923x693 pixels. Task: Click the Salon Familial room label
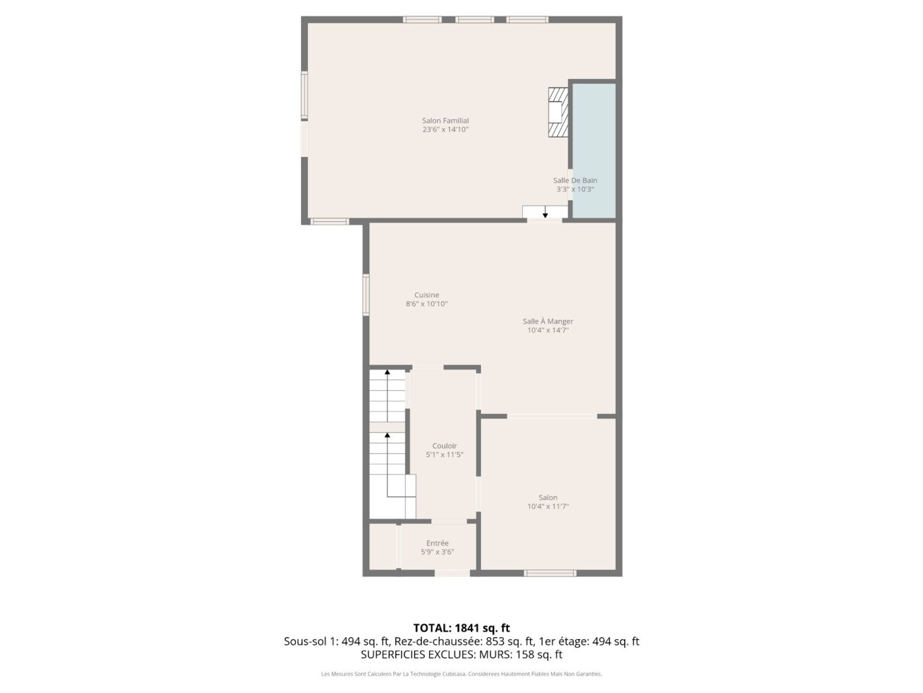point(445,121)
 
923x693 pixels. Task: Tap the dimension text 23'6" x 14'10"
point(445,129)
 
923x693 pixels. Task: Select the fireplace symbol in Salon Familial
point(558,113)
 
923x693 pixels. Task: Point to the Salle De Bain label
point(575,180)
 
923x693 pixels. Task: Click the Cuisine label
point(426,295)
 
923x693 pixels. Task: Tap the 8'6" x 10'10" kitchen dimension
point(426,304)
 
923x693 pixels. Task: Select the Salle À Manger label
point(548,322)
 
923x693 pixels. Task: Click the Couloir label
point(445,446)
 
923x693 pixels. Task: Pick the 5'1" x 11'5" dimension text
point(445,455)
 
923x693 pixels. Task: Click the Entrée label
point(437,543)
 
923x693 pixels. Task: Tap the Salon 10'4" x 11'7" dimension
point(548,507)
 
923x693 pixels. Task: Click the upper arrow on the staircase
point(387,372)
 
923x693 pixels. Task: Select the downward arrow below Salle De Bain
point(545,214)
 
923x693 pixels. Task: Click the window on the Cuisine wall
point(366,295)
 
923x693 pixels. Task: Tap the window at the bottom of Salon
point(550,573)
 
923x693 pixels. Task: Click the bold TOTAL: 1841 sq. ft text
point(461,628)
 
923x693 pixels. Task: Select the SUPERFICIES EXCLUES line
point(461,655)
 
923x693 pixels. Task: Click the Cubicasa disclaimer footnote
point(461,673)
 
